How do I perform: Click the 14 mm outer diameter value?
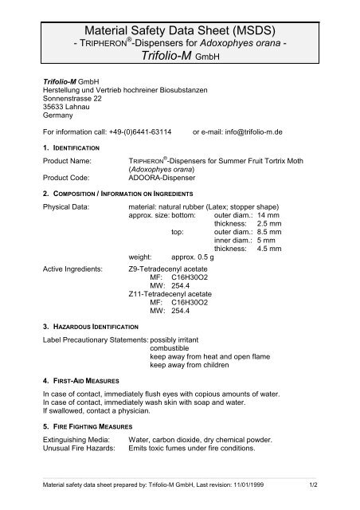click(x=271, y=216)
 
